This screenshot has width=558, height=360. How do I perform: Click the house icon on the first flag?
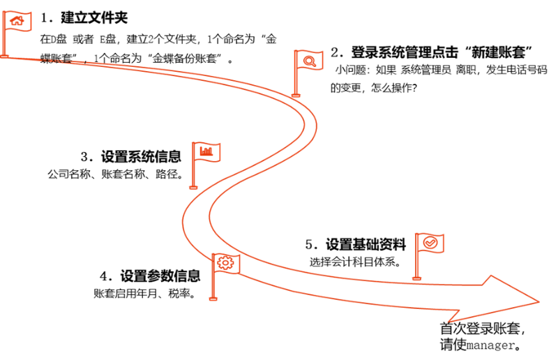coord(17,22)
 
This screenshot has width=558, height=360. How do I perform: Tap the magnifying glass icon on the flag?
coord(309,61)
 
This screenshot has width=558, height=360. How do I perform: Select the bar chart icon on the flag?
coord(206,151)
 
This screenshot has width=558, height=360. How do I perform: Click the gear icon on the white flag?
coord(225,263)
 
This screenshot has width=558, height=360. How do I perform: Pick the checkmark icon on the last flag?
coord(430,243)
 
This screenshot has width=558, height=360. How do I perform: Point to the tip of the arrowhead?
coord(538,301)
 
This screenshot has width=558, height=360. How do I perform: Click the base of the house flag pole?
coord(4,55)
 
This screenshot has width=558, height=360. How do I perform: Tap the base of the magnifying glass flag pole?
coord(296,96)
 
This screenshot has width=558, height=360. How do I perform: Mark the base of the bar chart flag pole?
coord(193,188)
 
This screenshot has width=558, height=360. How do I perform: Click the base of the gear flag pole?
coord(213,299)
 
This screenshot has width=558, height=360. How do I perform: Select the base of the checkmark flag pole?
coord(416,279)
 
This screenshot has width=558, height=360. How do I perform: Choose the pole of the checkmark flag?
coord(416,262)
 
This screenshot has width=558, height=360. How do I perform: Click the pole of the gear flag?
coord(213,283)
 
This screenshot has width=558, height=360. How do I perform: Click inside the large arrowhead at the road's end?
coord(499,299)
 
